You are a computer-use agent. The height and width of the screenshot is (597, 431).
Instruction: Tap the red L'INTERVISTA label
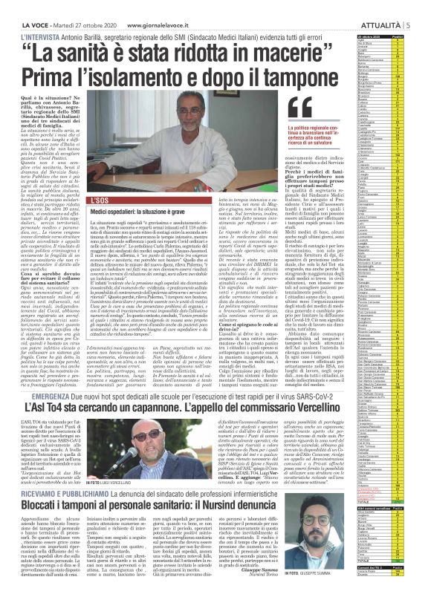(22, 24)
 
